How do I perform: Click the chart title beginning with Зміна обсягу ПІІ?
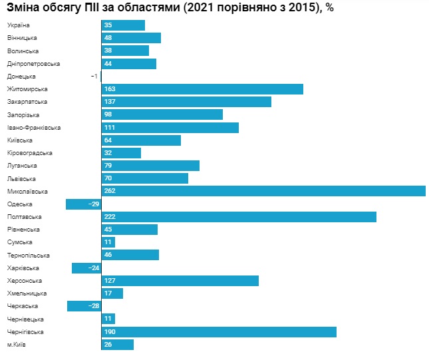[170, 7]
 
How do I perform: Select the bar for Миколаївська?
[263, 192]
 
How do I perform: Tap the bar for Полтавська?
[239, 217]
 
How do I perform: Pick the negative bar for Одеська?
[83, 204]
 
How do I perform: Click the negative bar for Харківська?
[86, 268]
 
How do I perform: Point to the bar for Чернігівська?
[219, 332]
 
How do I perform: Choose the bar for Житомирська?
[203, 89]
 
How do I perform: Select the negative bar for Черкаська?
[84, 306]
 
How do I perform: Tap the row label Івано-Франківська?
[34, 128]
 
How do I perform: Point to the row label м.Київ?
[17, 345]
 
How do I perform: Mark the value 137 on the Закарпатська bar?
[110, 102]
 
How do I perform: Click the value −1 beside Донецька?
[94, 77]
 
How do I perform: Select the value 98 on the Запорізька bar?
[109, 114]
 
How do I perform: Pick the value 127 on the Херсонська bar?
[110, 281]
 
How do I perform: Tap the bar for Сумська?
[108, 242]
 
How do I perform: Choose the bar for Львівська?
[145, 178]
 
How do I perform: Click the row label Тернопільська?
[28, 256]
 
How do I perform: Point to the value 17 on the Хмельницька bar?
[108, 293]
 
